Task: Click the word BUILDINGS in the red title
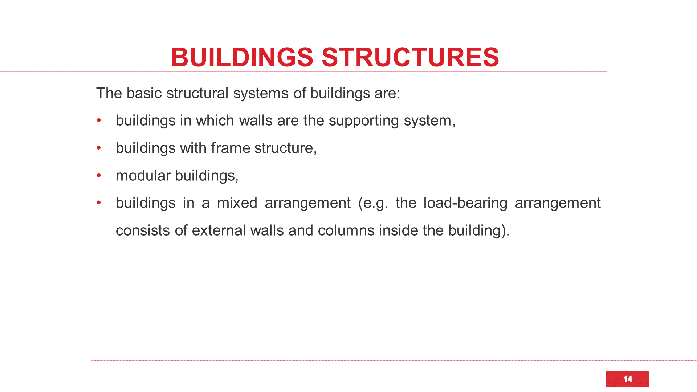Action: [x=242, y=57]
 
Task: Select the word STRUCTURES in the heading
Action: [x=411, y=57]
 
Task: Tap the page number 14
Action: [x=628, y=379]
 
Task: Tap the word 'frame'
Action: [x=231, y=148]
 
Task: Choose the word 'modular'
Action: [x=143, y=176]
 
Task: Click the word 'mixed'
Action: [x=237, y=203]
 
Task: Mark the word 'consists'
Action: [x=143, y=230]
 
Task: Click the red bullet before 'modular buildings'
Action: [x=99, y=176]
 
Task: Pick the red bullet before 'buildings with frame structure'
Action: [x=99, y=148]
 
